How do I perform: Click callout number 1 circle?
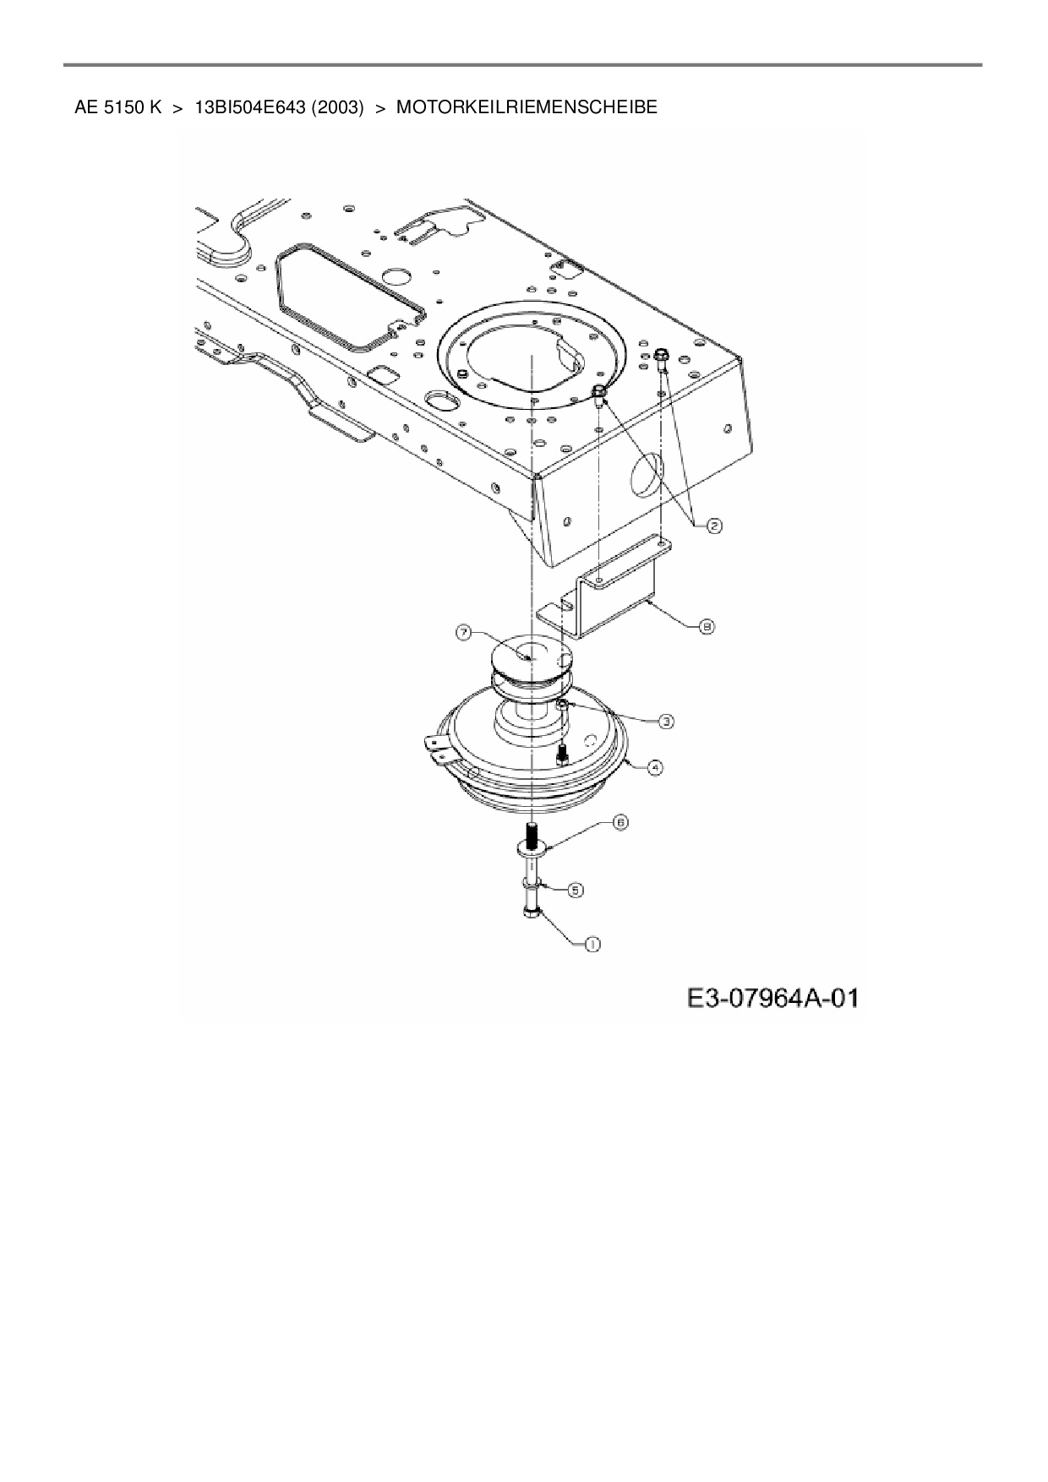(592, 945)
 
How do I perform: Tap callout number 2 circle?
(714, 526)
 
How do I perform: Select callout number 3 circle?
(666, 721)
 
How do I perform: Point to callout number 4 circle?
(655, 767)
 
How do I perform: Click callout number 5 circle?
(575, 890)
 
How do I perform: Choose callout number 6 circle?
(620, 821)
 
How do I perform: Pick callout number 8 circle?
(707, 626)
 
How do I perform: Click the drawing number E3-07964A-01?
(772, 999)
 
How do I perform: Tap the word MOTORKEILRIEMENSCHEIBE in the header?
(527, 108)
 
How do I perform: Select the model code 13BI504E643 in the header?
(249, 108)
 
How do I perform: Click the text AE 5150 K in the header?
(117, 108)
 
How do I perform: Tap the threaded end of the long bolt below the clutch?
(532, 836)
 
